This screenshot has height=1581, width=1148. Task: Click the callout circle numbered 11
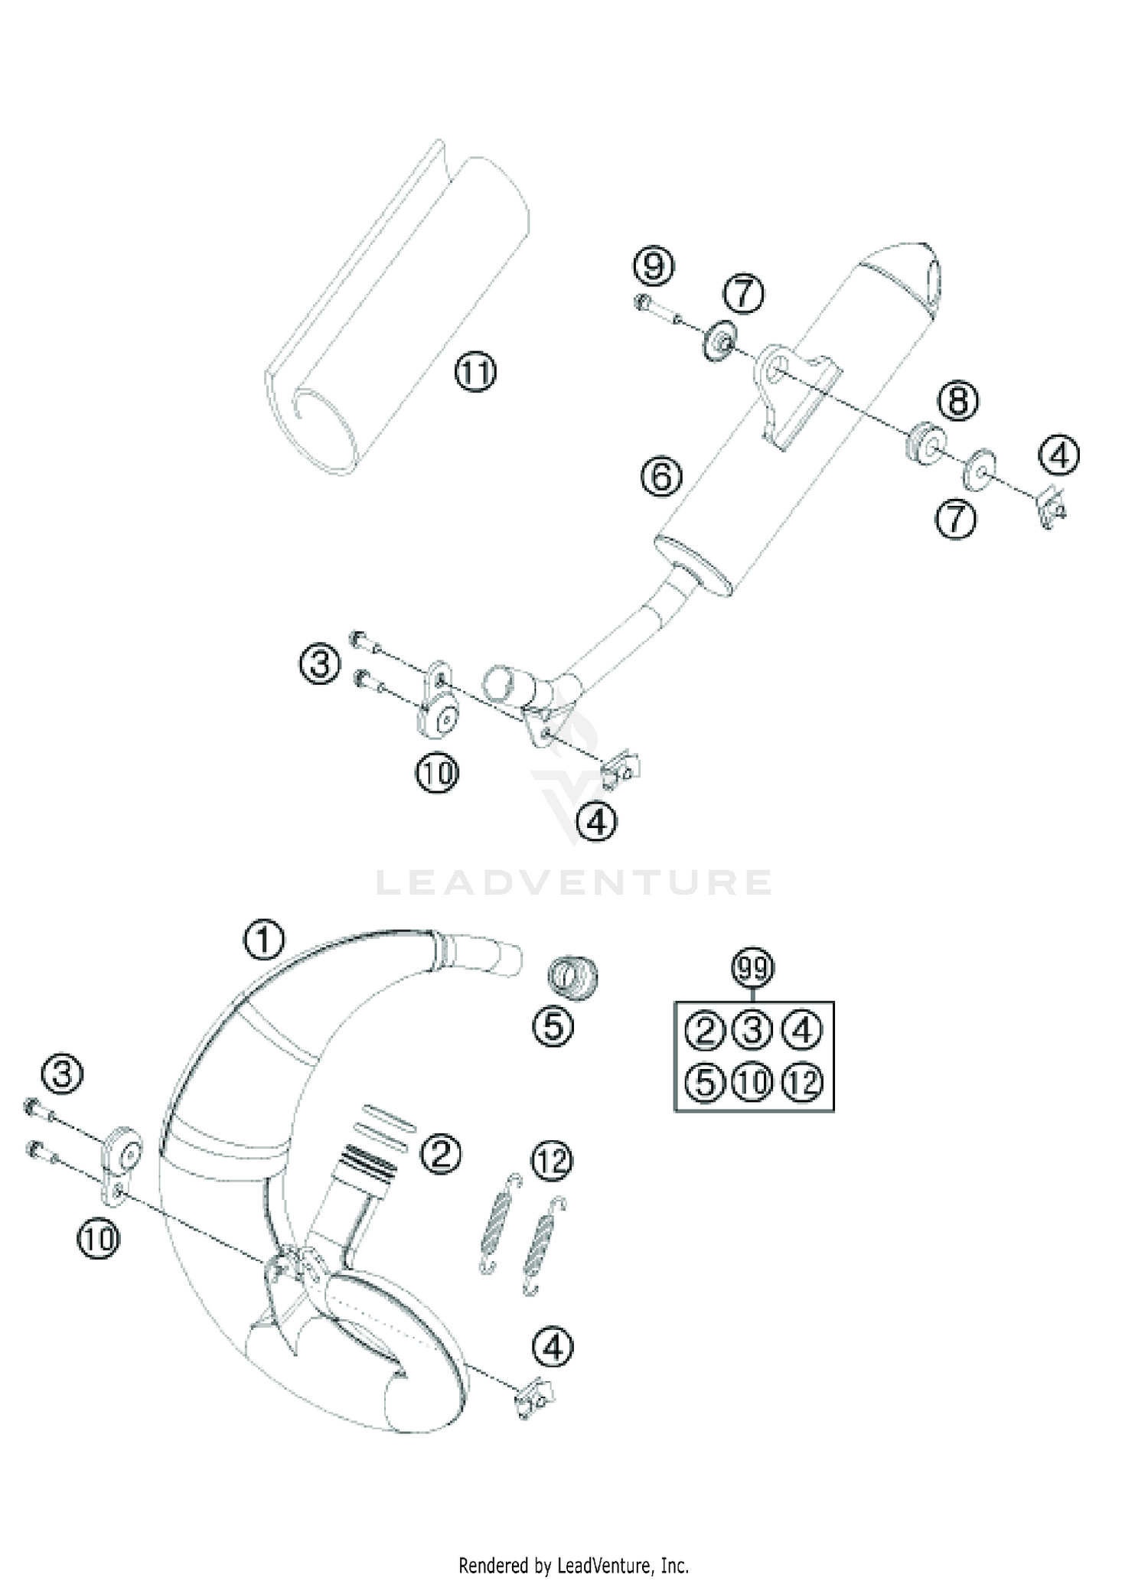[475, 373]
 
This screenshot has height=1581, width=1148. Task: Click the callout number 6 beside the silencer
[661, 477]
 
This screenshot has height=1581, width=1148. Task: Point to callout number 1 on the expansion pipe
[264, 940]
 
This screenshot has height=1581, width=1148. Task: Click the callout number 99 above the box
[753, 969]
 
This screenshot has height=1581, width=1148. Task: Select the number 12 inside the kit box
[802, 1082]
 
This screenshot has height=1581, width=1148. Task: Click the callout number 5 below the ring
[553, 1025]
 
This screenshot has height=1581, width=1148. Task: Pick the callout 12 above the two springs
[552, 1160]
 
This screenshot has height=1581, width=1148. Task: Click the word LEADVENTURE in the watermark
[574, 882]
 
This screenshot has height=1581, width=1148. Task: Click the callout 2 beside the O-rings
[441, 1152]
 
